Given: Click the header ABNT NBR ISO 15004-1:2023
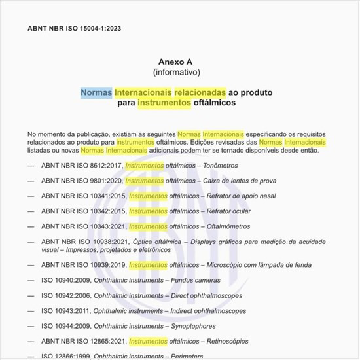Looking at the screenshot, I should tap(74, 29).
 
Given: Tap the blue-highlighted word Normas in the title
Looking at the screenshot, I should tap(96, 92).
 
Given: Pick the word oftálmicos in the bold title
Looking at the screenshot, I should tap(215, 103).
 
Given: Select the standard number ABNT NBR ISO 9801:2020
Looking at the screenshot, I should tap(81, 181).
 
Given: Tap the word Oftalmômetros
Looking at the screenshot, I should tap(228, 226).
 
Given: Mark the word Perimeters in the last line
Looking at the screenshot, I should tap(187, 356).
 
